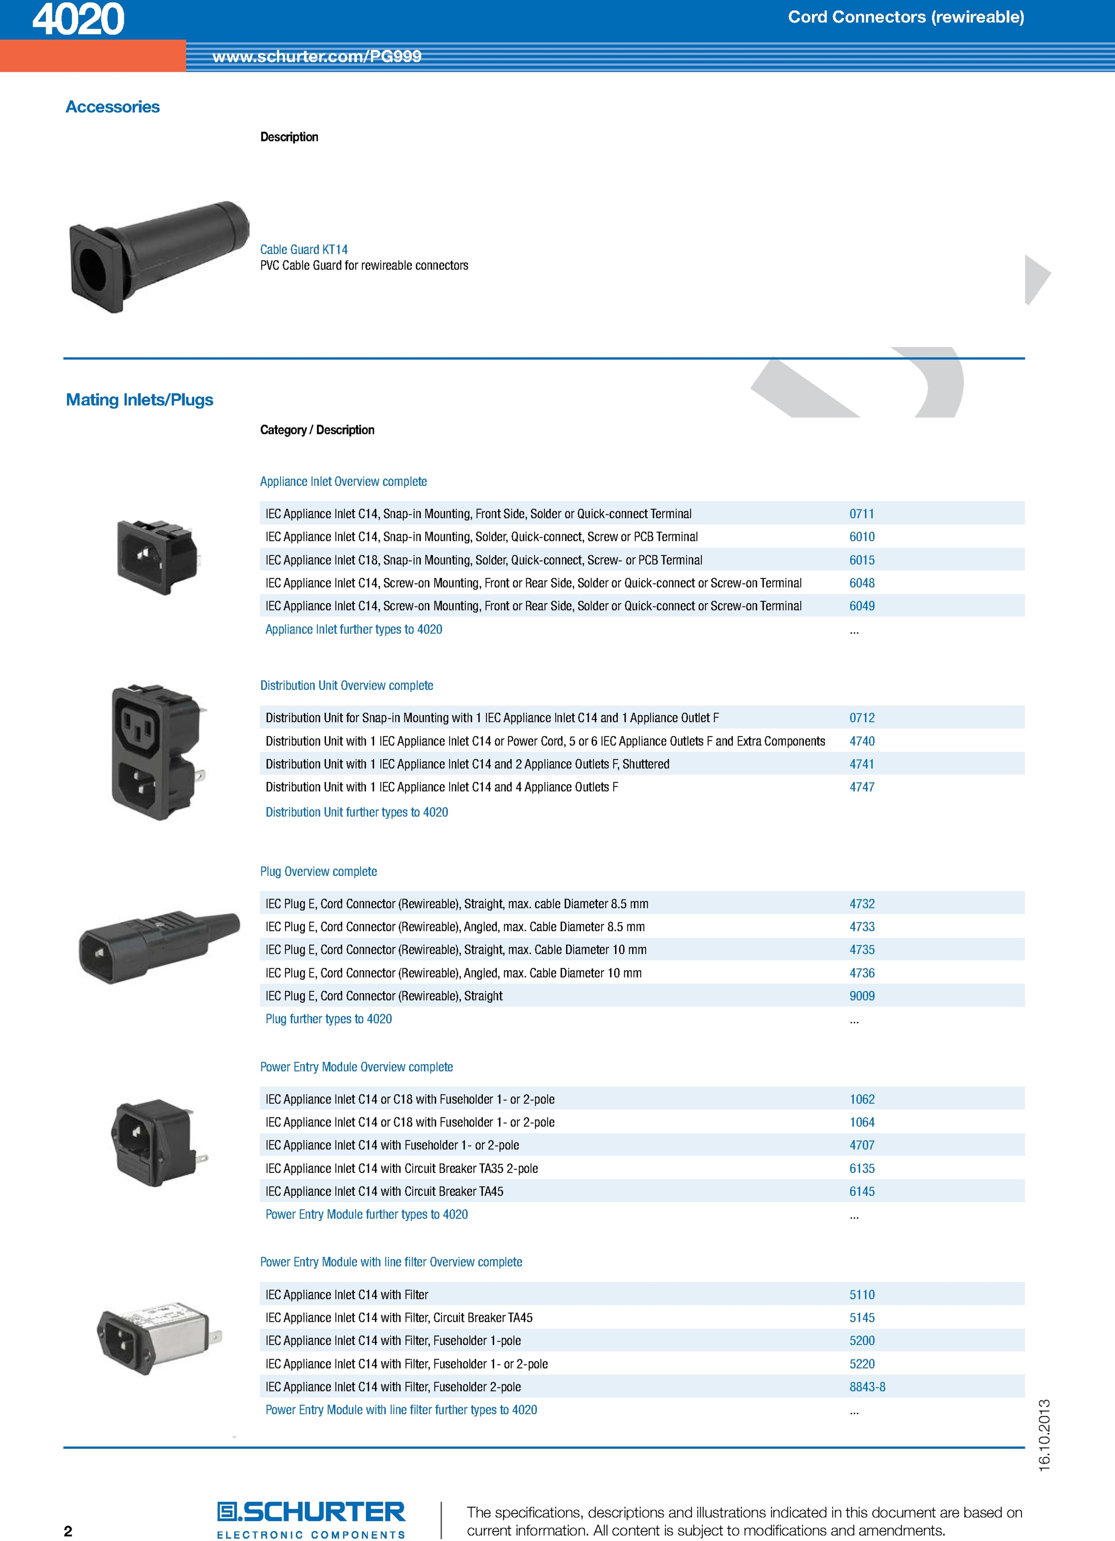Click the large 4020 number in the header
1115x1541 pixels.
(x=78, y=19)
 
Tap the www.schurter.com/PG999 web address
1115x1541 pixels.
(x=317, y=56)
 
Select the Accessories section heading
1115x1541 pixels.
(x=113, y=107)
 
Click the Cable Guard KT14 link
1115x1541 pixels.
(x=304, y=249)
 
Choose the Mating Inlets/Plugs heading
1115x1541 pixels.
(x=139, y=400)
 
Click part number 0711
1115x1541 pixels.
(x=862, y=514)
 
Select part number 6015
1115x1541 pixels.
(x=862, y=560)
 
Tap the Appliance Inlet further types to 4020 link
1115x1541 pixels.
(x=353, y=629)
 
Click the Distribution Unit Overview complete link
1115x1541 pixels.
(x=347, y=686)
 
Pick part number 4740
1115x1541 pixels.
(x=862, y=741)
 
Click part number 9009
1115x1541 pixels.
(x=862, y=996)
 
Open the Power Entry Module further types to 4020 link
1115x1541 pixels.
(x=366, y=1214)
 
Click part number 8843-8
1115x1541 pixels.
(x=867, y=1387)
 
